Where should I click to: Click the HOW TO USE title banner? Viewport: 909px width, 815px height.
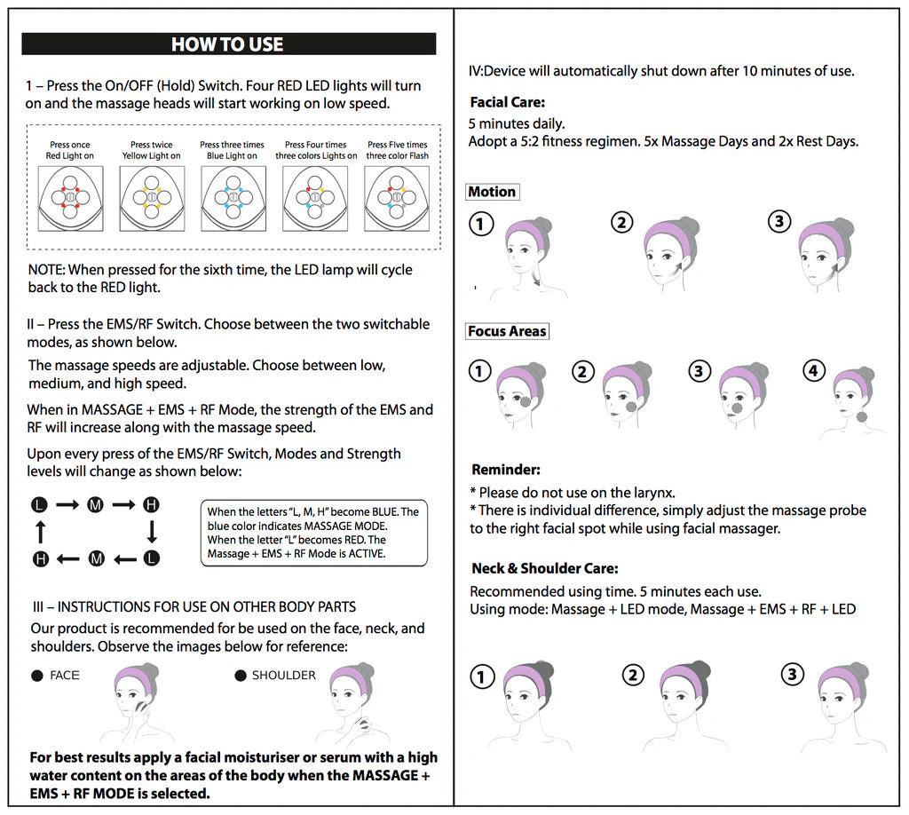point(228,44)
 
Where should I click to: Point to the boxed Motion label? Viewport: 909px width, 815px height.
point(492,192)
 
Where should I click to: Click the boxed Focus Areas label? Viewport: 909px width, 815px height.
point(508,331)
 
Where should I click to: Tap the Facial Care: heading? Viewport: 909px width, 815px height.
point(507,102)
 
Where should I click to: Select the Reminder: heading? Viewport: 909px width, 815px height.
point(505,470)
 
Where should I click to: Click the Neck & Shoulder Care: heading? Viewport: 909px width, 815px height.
point(544,568)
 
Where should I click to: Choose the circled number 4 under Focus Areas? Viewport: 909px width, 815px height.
point(813,371)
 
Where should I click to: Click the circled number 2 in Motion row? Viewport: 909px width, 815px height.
point(622,222)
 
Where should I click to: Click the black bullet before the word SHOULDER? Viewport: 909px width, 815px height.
point(240,676)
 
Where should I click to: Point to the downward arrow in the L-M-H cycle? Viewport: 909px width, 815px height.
point(152,532)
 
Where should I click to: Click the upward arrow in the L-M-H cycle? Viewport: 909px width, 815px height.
point(39,532)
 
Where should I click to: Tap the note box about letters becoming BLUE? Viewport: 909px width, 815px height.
point(313,533)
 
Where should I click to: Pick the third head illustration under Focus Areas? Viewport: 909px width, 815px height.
point(742,395)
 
